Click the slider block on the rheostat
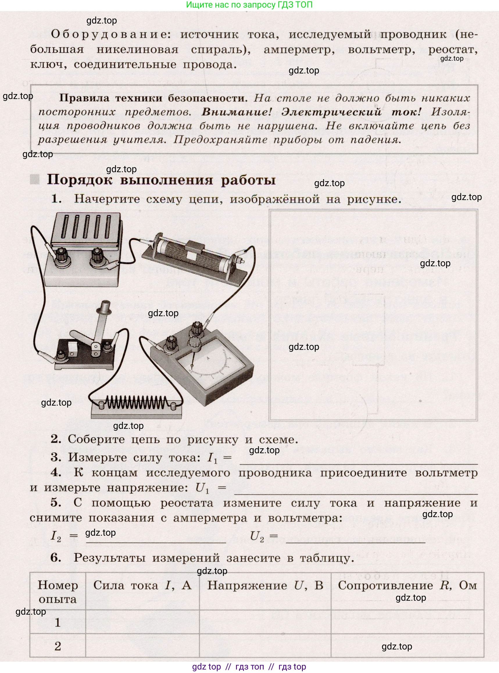[193, 249]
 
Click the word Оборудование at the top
[108, 34]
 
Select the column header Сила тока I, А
[142, 586]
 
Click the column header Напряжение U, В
[265, 586]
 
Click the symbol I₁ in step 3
[212, 458]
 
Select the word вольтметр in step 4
[446, 473]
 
